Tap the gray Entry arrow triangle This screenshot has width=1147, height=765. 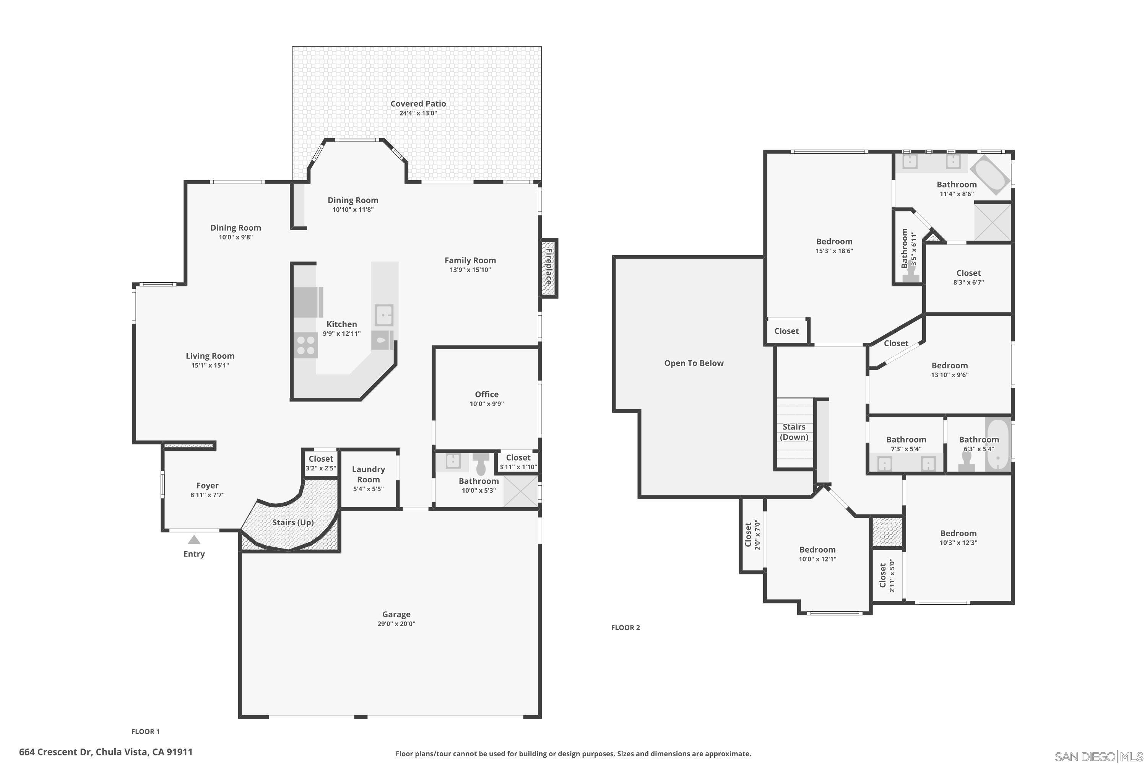pos(194,540)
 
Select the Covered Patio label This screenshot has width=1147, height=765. pos(418,103)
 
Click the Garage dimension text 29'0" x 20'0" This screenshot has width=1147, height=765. pos(396,623)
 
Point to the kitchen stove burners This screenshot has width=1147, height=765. pos(306,345)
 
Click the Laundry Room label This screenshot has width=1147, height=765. pos(368,474)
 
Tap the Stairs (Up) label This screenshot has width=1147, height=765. pos(292,522)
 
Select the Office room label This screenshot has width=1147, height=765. pos(487,394)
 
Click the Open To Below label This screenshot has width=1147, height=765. pos(694,363)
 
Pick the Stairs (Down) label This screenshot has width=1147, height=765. pos(794,432)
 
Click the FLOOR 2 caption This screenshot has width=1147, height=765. pos(625,627)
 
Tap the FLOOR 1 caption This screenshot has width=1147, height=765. pos(145,731)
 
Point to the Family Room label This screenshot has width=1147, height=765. pos(470,260)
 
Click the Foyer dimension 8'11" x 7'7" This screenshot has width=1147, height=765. pos(207,495)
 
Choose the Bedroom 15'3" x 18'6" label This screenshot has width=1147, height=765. pos(834,241)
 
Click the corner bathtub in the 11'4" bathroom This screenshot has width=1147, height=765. pos(990,173)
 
